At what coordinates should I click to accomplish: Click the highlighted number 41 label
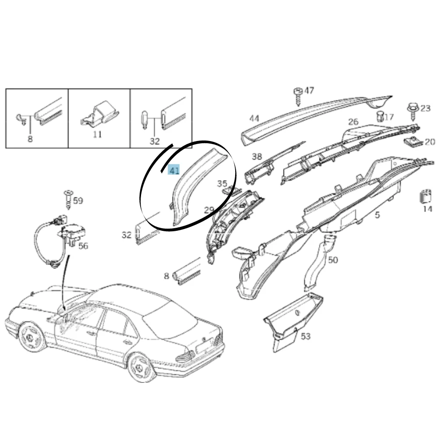pos(173,170)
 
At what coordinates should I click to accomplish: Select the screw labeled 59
pos(68,199)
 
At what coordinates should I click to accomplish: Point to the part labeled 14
pos(425,196)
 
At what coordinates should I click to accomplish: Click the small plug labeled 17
pos(380,116)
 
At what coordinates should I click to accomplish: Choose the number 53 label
pos(306,336)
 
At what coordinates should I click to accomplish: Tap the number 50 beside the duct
pos(333,260)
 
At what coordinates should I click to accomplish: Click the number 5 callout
pos(378,215)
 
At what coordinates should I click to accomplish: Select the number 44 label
pos(254,118)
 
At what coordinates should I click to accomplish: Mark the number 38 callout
pos(257,156)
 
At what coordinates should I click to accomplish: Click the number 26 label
pos(353,122)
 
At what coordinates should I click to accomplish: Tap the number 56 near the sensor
pos(83,246)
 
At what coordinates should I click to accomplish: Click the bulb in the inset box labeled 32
pos(144,120)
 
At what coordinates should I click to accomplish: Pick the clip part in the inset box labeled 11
pos(99,114)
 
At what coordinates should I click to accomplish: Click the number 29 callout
pos(209,210)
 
